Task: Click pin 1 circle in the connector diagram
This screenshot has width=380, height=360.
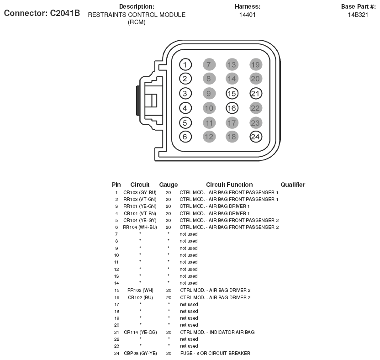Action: (185, 64)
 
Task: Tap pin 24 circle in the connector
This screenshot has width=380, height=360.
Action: (256, 137)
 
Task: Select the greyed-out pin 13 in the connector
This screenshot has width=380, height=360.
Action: (232, 64)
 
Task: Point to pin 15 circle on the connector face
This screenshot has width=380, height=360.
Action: (232, 94)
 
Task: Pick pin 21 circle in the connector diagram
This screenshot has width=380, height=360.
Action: (256, 94)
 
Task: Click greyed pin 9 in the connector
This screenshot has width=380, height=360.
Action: (209, 94)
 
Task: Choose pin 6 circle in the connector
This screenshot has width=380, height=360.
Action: (185, 137)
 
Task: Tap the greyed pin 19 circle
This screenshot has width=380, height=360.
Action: (256, 64)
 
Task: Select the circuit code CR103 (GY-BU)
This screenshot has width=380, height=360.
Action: (140, 192)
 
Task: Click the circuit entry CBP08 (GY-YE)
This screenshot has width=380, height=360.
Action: (140, 353)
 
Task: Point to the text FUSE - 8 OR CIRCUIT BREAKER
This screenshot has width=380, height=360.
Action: (215, 353)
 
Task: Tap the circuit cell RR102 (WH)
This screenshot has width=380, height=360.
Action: (140, 290)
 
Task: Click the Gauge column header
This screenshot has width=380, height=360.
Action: (169, 185)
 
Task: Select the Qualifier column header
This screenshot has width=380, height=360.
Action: (293, 185)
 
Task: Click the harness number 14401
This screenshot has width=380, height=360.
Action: (248, 15)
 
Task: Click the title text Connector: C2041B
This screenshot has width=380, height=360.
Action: (42, 13)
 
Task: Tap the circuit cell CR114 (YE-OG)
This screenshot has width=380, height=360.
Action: (140, 332)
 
